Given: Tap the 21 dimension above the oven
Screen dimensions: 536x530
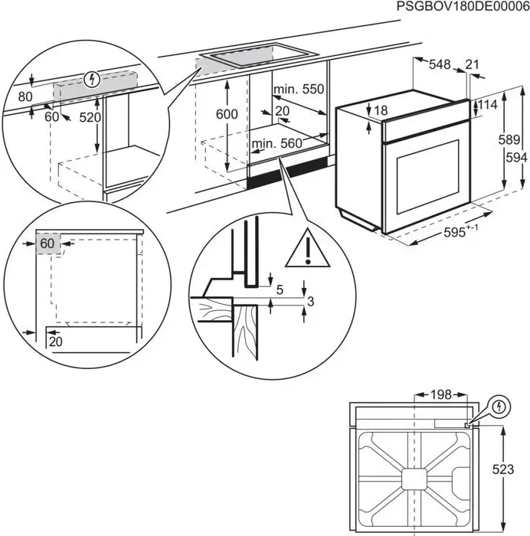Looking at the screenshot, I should click(x=472, y=65).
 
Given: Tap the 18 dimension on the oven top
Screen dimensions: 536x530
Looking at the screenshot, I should click(x=381, y=111).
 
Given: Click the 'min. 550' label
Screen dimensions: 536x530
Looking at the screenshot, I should click(x=299, y=90).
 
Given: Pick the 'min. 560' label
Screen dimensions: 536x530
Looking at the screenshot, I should click(x=276, y=142).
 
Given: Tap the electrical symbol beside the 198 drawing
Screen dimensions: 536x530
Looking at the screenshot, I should click(x=499, y=407).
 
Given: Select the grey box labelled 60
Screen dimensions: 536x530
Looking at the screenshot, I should click(x=47, y=243).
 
